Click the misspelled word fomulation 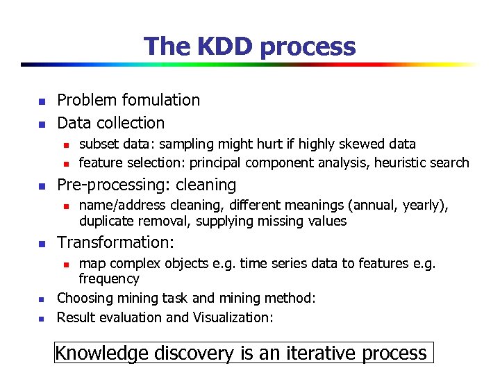coord(158,100)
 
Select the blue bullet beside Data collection coord(41,124)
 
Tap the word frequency coord(109,279)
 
